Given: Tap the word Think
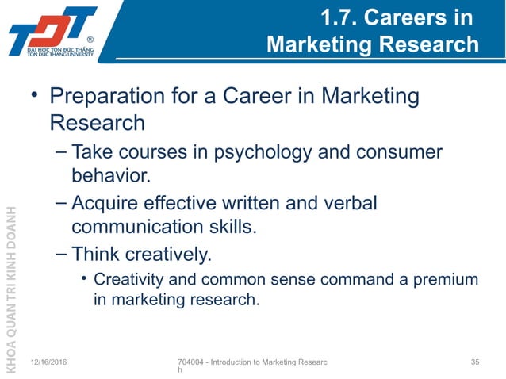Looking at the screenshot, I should [94, 255].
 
